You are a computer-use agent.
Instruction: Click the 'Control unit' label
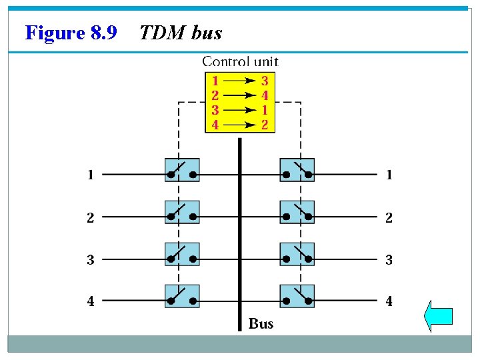coord(240,61)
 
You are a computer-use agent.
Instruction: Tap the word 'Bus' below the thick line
coord(261,324)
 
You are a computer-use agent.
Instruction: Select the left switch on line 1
coord(182,170)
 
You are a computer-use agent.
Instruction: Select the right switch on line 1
coord(297,170)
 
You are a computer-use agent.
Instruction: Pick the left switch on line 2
coord(182,212)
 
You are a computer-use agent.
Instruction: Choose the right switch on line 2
coord(297,212)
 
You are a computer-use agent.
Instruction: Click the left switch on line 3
coord(182,254)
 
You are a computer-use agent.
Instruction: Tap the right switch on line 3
coord(297,254)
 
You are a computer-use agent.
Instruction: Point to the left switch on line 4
coord(182,296)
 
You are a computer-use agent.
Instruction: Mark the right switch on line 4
coord(297,296)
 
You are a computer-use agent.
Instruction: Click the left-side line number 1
coord(90,175)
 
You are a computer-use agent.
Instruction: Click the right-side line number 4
coord(389,301)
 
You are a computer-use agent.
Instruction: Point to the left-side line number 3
coord(90,260)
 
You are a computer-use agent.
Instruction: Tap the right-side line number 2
coord(389,218)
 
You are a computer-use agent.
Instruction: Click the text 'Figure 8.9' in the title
coord(71,32)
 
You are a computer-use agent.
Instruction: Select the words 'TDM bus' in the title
coord(180,32)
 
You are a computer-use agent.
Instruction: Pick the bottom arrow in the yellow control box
coord(241,125)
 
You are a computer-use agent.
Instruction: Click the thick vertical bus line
coord(239,233)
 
